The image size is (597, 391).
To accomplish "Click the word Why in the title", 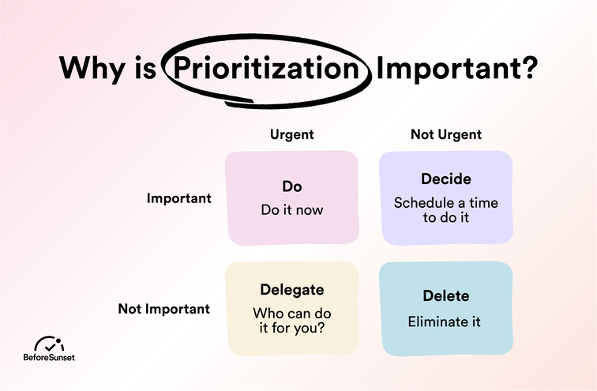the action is [x=92, y=69].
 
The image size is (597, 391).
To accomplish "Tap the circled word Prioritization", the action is [x=267, y=68].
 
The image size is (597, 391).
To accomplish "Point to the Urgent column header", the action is [x=292, y=134].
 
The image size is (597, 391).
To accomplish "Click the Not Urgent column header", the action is [x=446, y=134].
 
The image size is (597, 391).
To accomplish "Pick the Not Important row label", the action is [x=164, y=309].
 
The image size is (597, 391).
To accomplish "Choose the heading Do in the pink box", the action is [x=292, y=186].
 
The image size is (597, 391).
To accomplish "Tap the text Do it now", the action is [x=292, y=210].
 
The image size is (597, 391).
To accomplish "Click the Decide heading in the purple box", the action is [x=446, y=179].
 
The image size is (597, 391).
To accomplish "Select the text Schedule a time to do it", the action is [x=446, y=210].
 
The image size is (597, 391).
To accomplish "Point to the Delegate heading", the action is [x=292, y=290].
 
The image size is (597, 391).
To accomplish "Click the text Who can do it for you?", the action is [x=292, y=321].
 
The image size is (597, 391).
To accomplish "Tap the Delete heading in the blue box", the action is [x=446, y=296].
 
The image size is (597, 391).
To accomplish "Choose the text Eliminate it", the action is [x=444, y=321].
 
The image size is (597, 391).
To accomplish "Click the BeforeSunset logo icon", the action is [x=49, y=344].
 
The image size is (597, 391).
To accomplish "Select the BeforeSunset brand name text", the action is [x=49, y=358].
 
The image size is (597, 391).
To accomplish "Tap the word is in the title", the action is [x=145, y=68].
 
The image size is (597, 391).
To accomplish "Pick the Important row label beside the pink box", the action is [x=179, y=198].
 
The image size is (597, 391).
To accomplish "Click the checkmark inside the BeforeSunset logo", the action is [x=50, y=347].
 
